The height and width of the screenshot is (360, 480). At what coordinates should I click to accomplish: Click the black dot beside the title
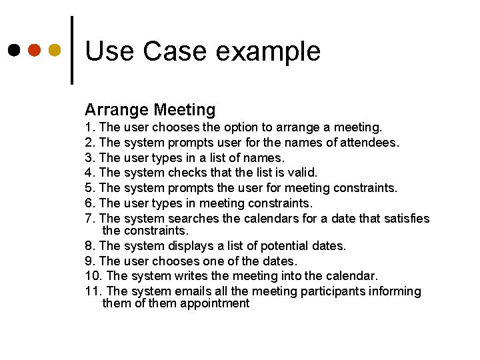point(14,50)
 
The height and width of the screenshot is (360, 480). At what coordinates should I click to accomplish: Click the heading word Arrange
point(116,110)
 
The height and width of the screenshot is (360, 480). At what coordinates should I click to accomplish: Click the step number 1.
point(89,127)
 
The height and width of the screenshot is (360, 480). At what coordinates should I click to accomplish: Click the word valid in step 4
point(303,173)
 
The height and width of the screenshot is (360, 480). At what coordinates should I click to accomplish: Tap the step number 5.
point(89,188)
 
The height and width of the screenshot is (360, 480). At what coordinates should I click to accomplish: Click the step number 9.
point(89,261)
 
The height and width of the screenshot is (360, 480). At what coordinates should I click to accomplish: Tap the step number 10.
point(93,276)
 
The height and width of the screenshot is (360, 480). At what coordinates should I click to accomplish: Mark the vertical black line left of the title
point(72,50)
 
